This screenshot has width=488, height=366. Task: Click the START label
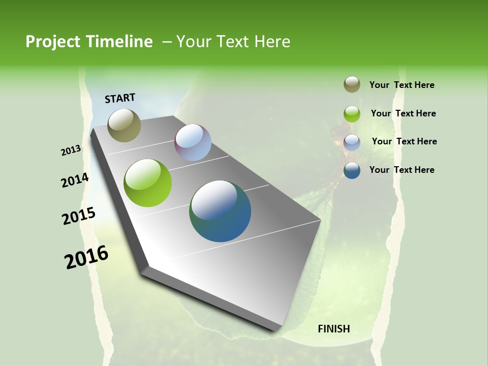120,98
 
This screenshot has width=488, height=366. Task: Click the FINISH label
333,329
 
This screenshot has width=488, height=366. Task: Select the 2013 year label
71,150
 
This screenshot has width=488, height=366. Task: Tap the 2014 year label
75,180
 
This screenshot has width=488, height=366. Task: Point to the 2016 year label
86,257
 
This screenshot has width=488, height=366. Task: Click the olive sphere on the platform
124,125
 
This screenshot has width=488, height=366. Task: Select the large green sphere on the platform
147,183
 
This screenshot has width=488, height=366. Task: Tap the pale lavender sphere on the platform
193,142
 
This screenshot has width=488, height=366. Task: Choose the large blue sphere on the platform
220,211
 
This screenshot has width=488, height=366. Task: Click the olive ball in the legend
352,84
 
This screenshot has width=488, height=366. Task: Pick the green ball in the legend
352,114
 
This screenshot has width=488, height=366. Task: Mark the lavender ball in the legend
352,142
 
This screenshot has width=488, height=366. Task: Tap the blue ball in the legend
352,170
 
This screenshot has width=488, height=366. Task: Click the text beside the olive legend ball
402,85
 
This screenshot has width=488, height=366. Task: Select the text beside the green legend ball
403,113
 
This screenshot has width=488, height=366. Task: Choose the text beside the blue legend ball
402,170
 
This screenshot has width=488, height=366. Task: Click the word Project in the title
52,42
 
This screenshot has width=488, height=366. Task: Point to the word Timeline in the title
120,42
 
